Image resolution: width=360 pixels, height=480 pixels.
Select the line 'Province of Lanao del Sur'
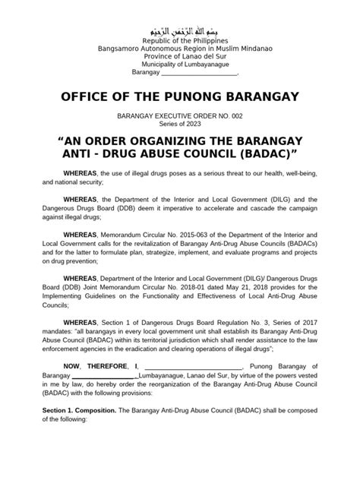pos(180,57)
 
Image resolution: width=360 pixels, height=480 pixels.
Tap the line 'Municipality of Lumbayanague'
pos(180,65)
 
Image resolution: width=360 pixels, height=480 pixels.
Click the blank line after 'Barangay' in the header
pos(200,74)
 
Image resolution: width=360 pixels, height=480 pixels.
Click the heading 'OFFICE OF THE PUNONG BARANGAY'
pos(180,97)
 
